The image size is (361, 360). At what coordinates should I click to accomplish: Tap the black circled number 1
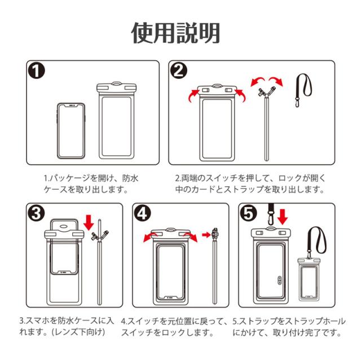[37, 72]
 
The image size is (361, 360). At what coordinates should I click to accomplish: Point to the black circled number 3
[35, 214]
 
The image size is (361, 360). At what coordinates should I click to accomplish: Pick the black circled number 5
[250, 214]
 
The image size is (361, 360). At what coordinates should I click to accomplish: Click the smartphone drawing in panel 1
[71, 131]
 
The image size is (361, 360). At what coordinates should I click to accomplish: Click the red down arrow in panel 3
[88, 221]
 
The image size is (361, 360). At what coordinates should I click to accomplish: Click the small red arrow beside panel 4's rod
[206, 234]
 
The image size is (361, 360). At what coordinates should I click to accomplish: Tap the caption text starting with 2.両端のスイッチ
[250, 183]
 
